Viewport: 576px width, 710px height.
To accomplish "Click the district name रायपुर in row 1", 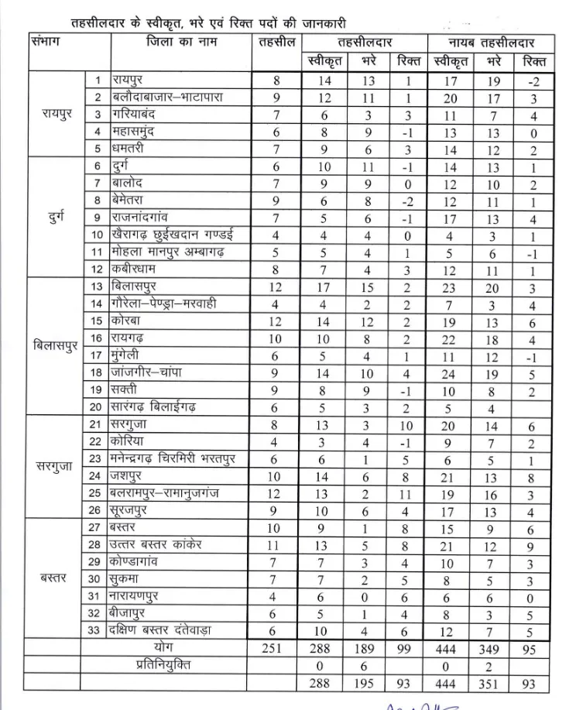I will (x=133, y=81).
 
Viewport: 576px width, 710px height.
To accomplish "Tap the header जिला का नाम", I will (x=181, y=43).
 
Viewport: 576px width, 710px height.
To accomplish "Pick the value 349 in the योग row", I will (x=492, y=648).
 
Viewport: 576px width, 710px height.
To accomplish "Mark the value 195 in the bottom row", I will (x=363, y=684).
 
